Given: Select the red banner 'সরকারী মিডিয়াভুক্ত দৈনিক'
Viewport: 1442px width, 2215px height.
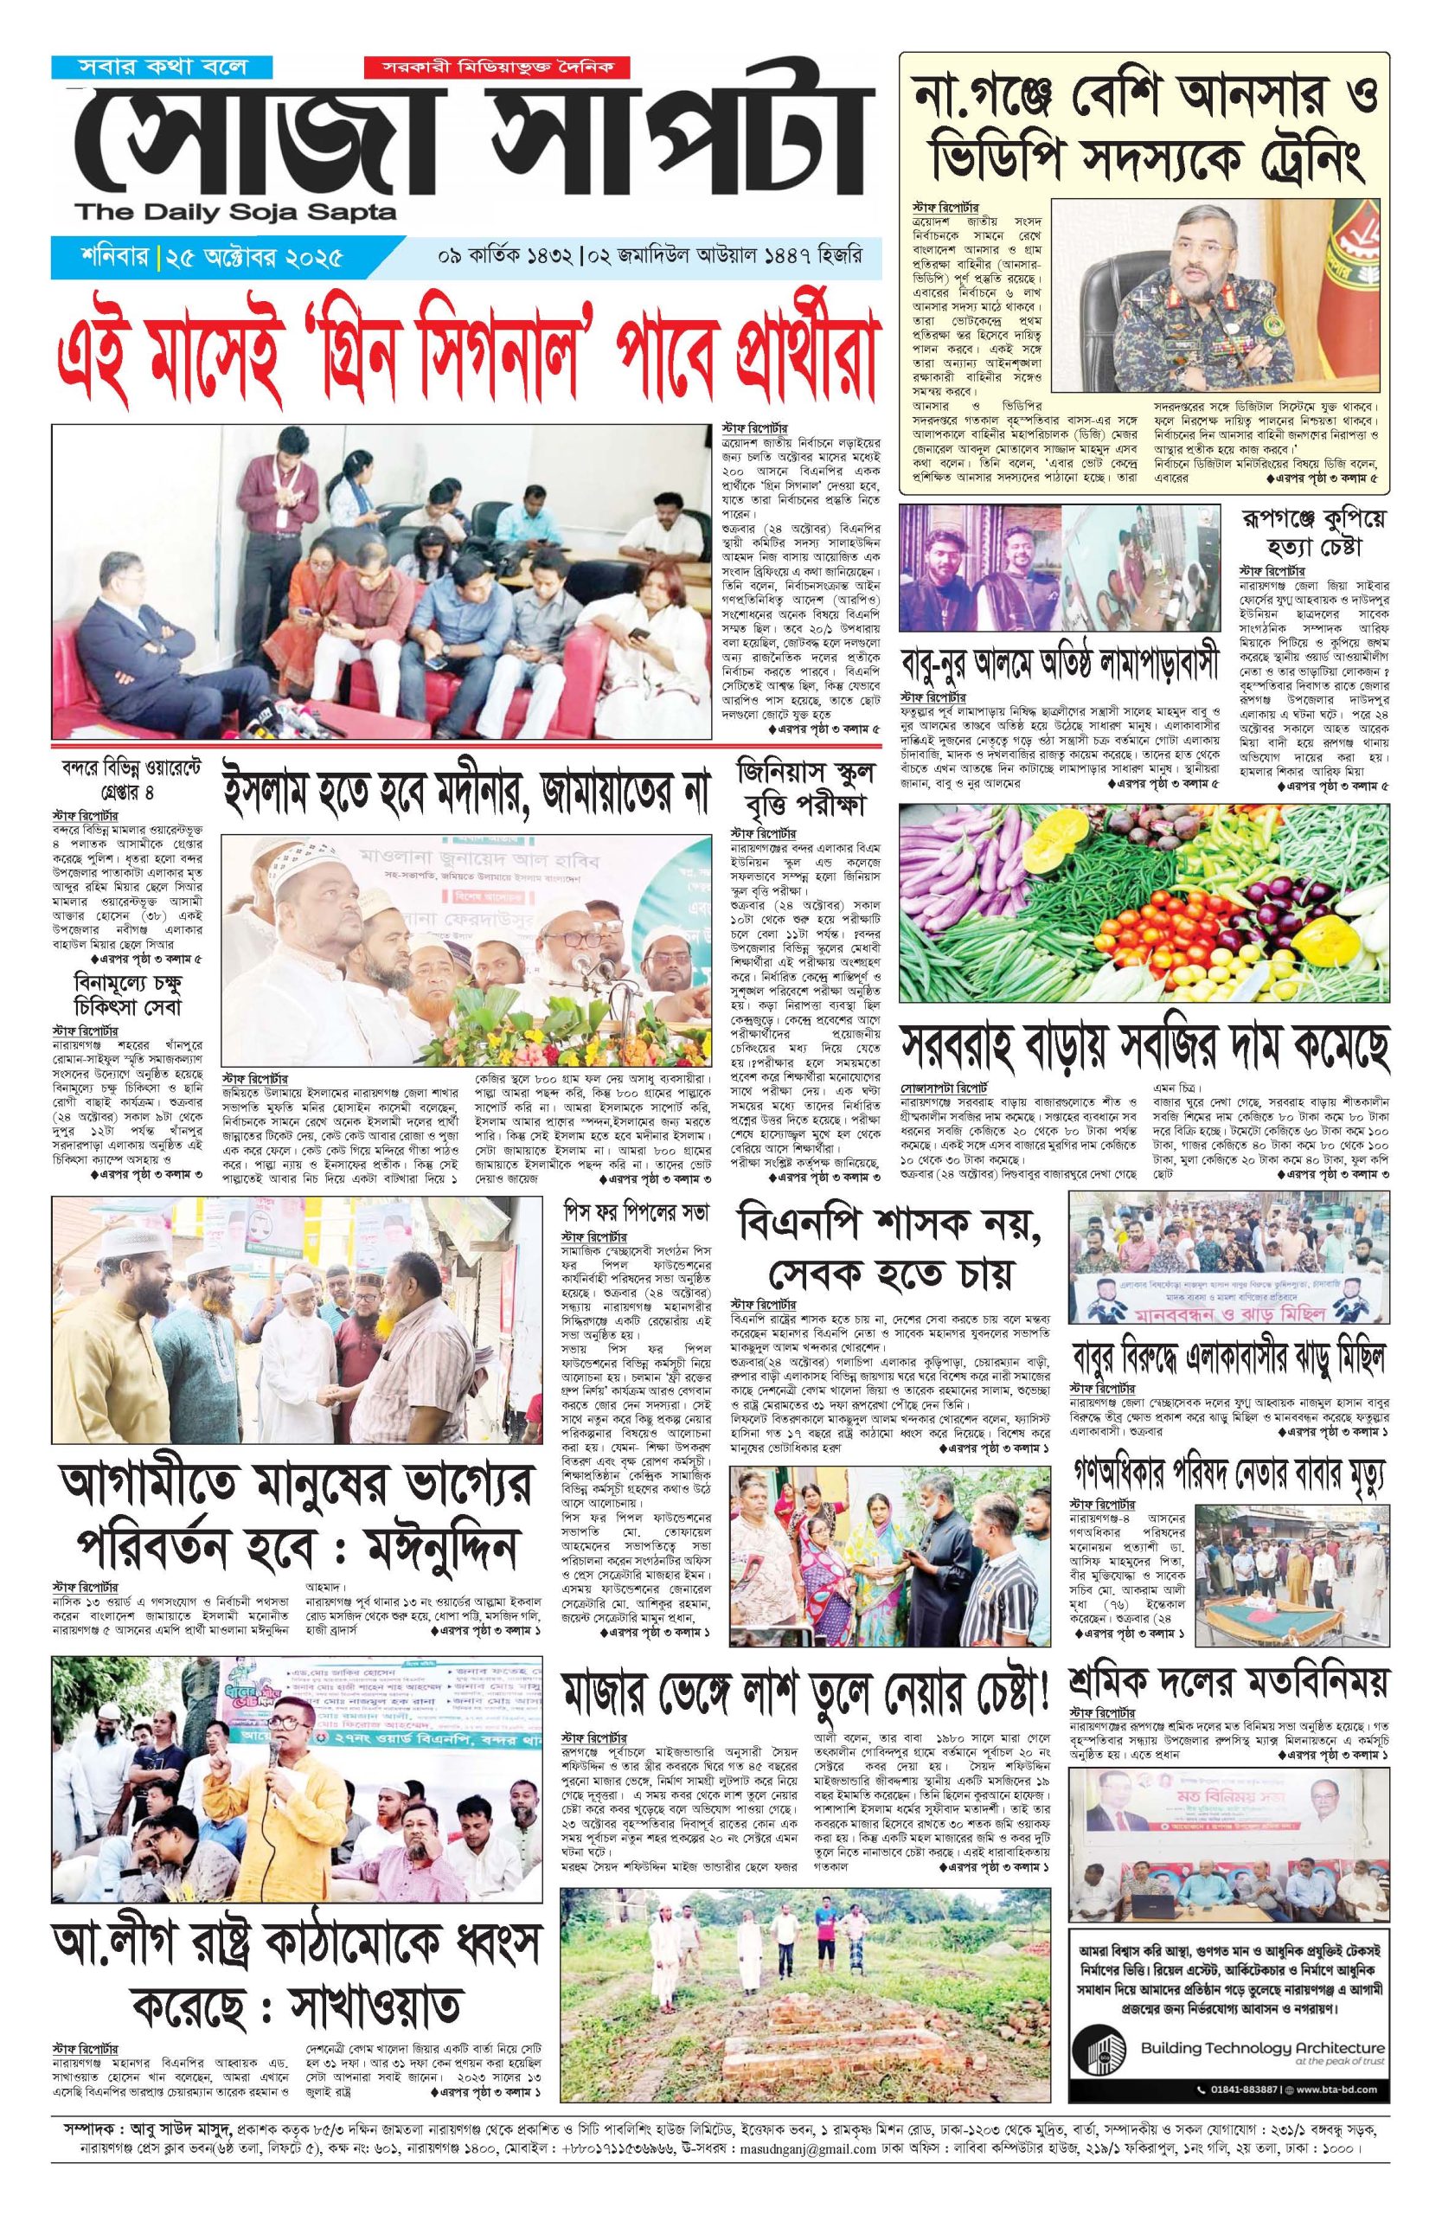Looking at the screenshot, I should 496,68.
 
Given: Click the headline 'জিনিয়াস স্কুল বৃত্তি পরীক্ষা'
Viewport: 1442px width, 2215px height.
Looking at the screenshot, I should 801,787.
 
